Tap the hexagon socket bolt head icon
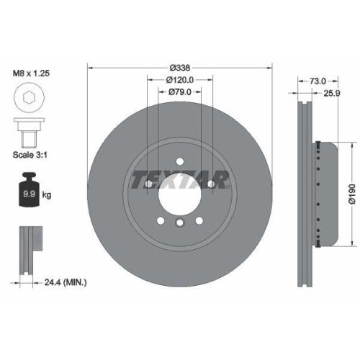point(30,99)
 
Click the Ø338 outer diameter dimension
point(180,68)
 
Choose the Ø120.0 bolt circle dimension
point(180,80)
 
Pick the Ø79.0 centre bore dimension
point(180,91)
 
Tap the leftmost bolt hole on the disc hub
point(148,184)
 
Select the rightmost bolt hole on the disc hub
point(212,184)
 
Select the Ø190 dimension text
point(351,194)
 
